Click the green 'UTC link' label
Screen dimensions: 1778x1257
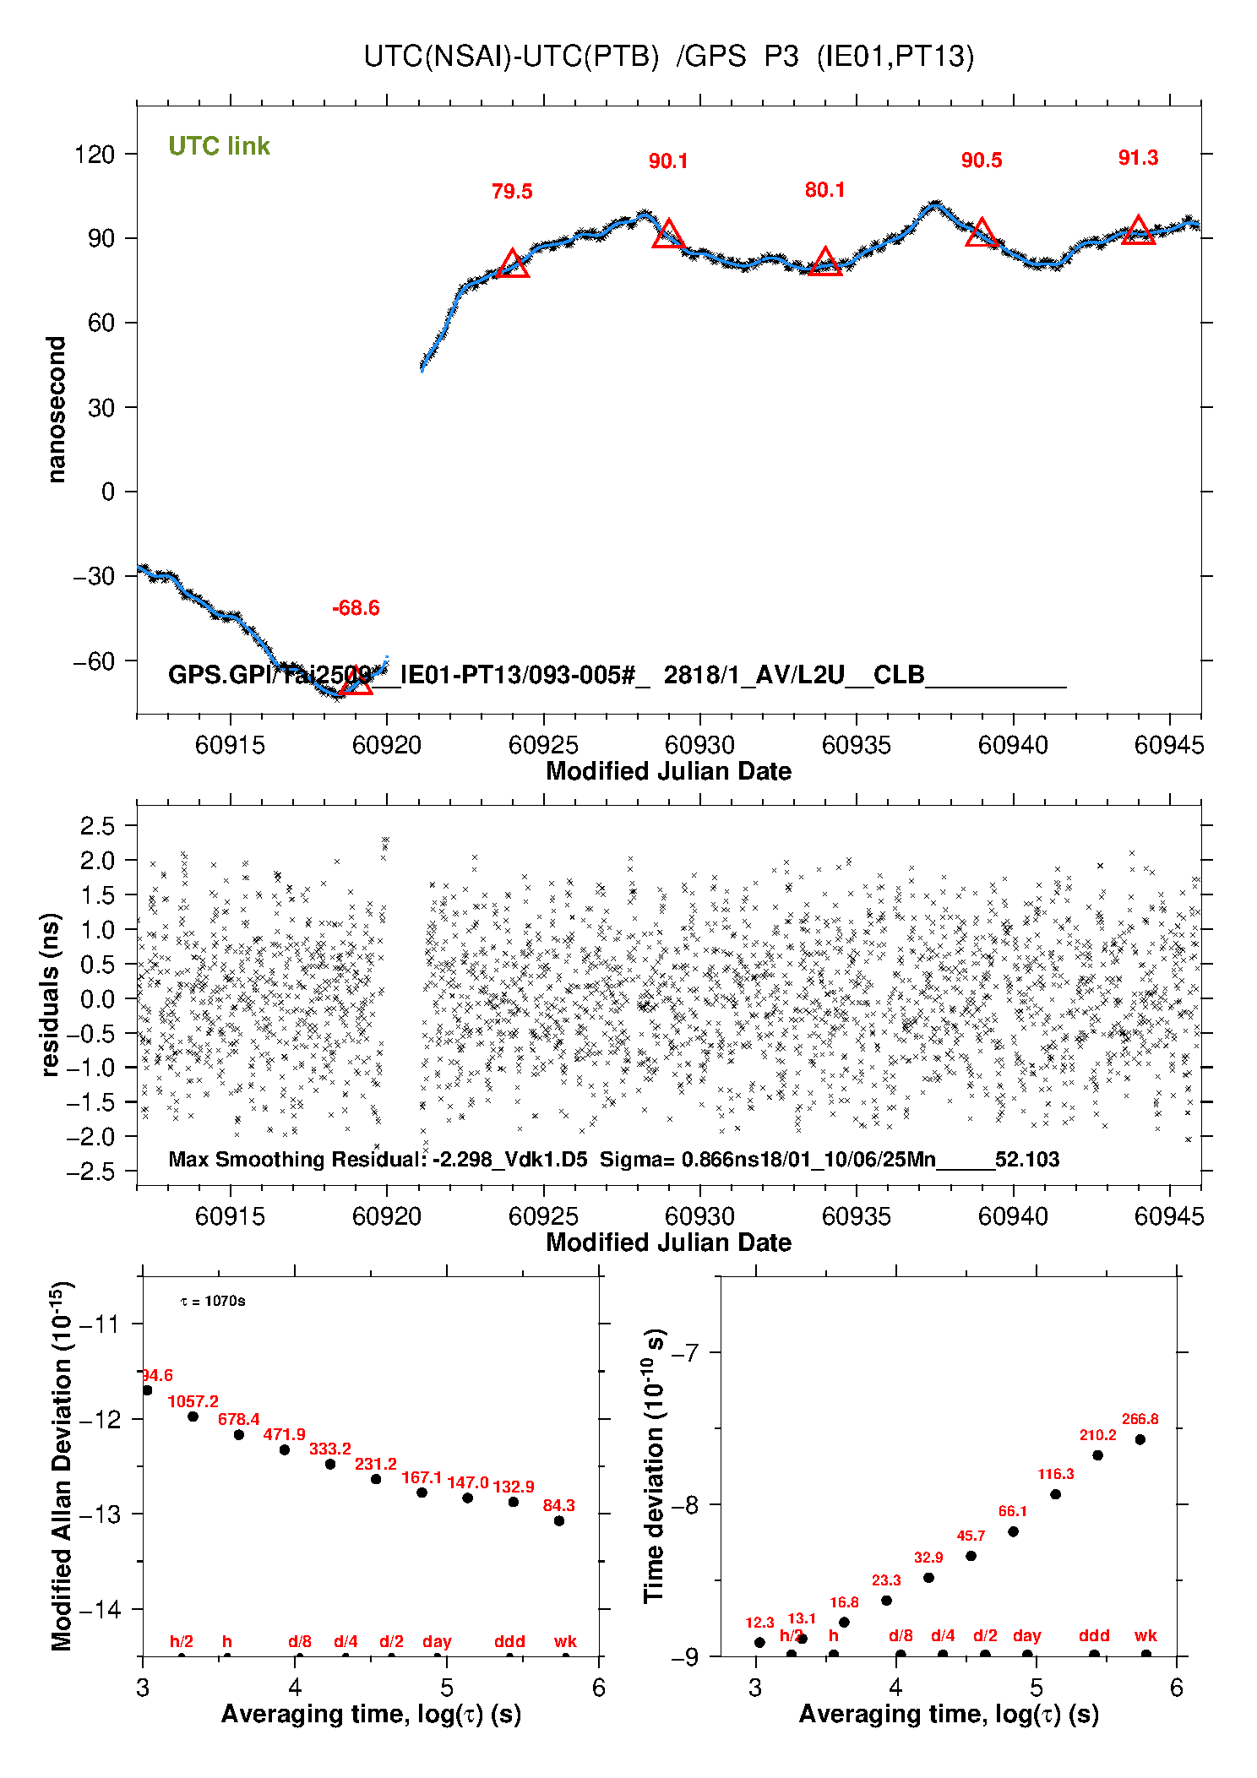pos(219,146)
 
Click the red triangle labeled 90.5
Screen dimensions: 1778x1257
pos(982,233)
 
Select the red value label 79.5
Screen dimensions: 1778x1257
pos(512,192)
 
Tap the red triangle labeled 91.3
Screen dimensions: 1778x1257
pos(1139,231)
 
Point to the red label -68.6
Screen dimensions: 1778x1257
pos(356,608)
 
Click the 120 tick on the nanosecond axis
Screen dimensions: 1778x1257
pos(95,155)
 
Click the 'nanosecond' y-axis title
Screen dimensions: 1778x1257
pos(57,410)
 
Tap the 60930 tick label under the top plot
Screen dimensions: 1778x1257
pos(699,745)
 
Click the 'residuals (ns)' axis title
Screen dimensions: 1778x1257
pos(51,994)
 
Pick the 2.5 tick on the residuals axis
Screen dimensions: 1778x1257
pos(97,825)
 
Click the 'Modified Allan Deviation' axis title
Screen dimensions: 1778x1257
pos(61,1466)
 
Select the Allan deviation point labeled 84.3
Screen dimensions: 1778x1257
pos(559,1520)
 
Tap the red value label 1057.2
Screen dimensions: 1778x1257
pos(193,1401)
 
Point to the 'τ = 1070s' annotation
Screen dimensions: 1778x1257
pos(213,1301)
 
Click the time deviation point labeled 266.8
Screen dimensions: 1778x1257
pos(1140,1439)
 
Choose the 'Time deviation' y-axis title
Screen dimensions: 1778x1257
pos(655,1466)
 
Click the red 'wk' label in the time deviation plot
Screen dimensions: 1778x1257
pos(1145,1635)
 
